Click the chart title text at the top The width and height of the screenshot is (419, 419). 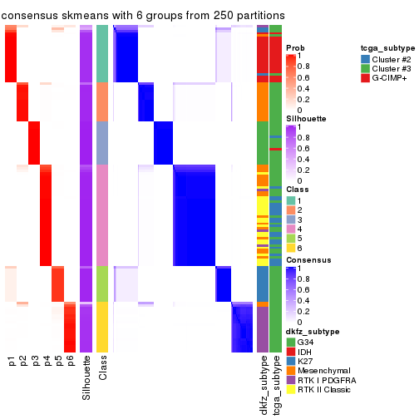pyautogui.click(x=144, y=16)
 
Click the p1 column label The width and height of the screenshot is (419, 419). pyautogui.click(x=11, y=361)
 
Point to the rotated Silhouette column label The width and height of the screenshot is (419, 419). pyautogui.click(x=86, y=378)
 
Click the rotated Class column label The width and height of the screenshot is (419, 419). pyautogui.click(x=102, y=370)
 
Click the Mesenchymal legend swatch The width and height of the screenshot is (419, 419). pyautogui.click(x=291, y=370)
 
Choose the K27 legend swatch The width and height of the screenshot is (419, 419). pyautogui.click(x=291, y=359)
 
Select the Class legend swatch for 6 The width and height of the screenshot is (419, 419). pyautogui.click(x=291, y=248)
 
